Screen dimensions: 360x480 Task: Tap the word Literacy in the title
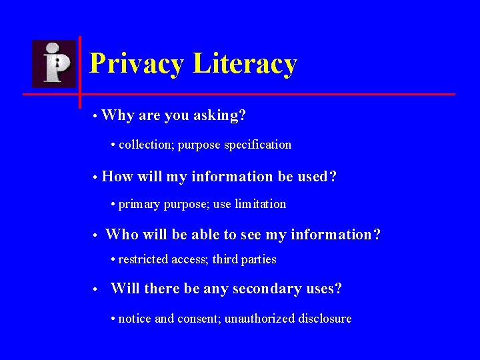[x=244, y=64]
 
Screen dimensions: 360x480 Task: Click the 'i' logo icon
[x=54, y=63]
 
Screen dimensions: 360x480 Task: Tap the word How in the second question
[x=117, y=177]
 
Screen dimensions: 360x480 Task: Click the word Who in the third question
[x=121, y=235]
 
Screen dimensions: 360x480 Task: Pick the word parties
[x=259, y=259]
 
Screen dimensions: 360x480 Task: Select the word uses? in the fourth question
[x=323, y=289]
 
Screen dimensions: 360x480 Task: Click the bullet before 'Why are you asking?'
[x=96, y=117]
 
